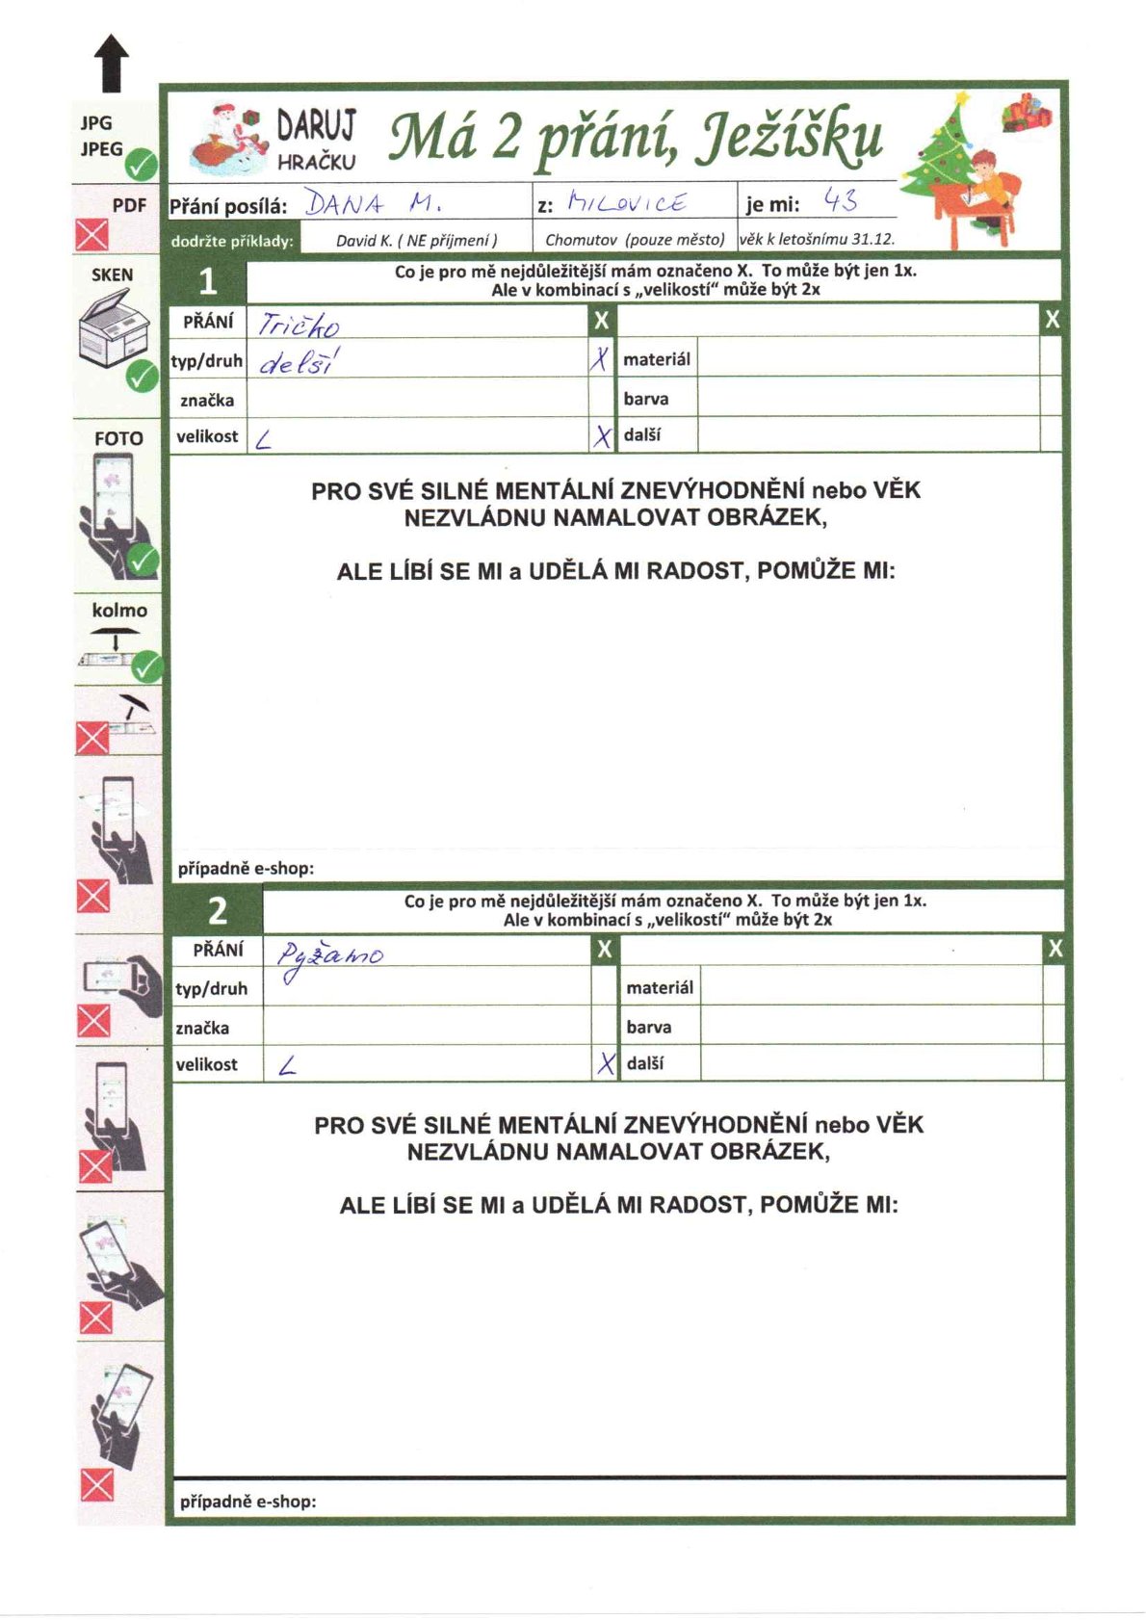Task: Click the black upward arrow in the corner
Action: pos(112,63)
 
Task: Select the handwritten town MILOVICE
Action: pos(627,202)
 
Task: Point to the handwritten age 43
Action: pos(841,201)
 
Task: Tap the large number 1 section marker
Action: pos(207,282)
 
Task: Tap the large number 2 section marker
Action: pos(218,910)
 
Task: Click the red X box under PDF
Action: pos(92,235)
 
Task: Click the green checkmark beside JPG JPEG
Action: pos(143,166)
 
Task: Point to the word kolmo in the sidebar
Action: pos(119,611)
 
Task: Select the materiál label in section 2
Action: pos(660,987)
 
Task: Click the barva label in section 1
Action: pos(645,399)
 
